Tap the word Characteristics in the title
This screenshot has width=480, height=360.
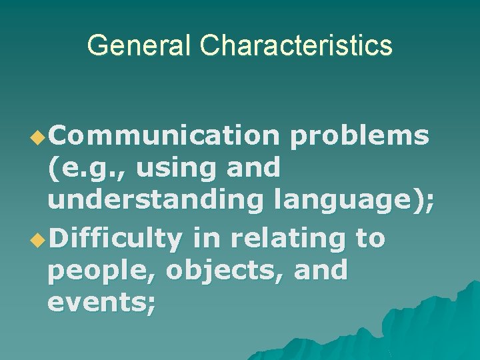[x=295, y=45]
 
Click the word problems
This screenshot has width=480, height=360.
[x=360, y=135]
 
